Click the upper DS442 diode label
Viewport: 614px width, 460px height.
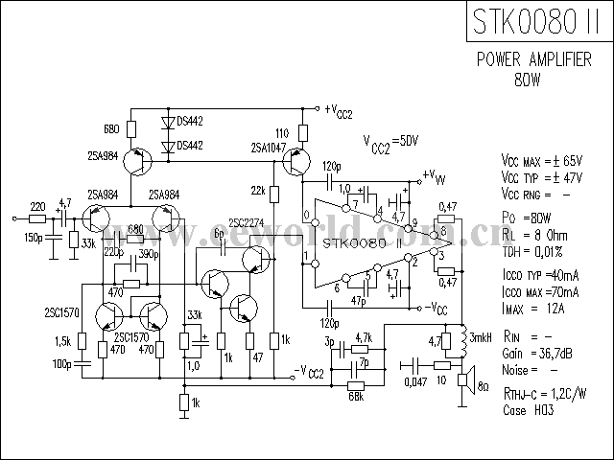183,123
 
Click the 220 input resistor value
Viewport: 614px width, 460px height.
37,207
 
